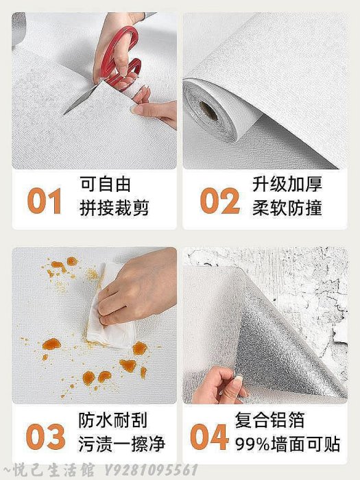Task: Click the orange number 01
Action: pos(45,201)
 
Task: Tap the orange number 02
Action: pos(220,201)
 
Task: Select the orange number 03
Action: pos(46,437)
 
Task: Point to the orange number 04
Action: pos(209,437)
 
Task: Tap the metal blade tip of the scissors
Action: pos(65,114)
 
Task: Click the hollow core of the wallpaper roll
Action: pos(208,111)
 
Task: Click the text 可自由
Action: pos(106,184)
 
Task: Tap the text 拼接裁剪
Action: pos(115,208)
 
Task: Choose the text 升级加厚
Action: pos(287,184)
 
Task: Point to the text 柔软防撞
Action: pos(287,208)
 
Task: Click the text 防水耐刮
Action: pos(113,420)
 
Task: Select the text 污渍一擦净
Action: pos(122,444)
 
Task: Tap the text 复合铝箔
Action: pos(269,420)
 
